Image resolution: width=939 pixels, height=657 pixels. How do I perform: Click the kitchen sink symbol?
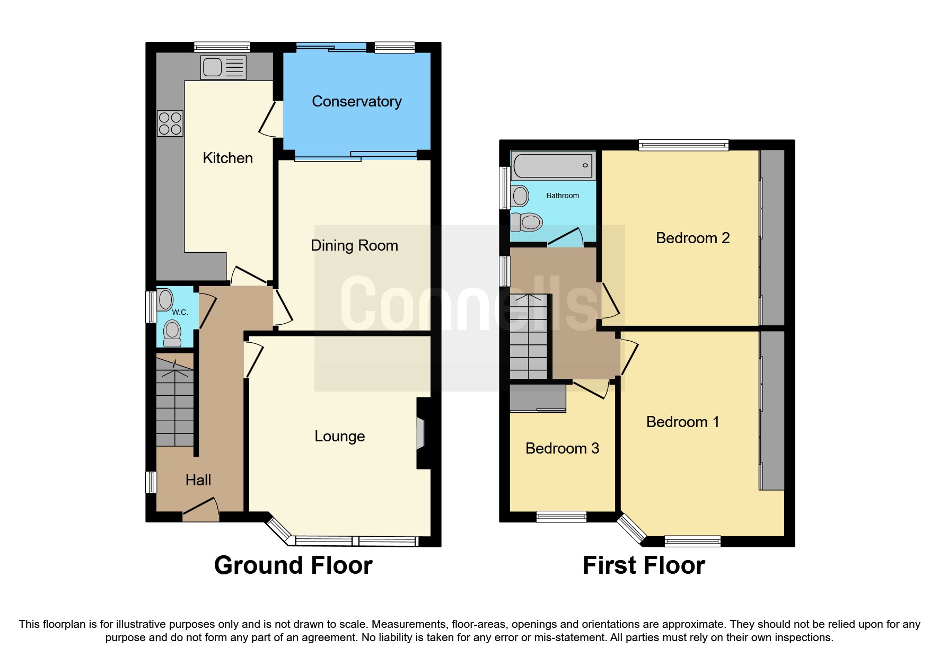tap(223, 68)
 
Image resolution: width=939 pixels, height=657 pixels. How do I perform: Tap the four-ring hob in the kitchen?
tap(170, 123)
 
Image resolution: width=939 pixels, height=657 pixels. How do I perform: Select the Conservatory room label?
tap(356, 101)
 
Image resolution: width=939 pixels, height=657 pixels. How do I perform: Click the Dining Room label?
tap(354, 245)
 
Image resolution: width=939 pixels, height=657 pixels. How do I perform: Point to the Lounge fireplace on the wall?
tap(421, 433)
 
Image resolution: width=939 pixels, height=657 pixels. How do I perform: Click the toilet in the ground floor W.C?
tap(172, 332)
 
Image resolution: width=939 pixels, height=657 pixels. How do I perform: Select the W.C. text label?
tap(180, 312)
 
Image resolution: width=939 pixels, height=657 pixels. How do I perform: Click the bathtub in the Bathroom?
tap(553, 166)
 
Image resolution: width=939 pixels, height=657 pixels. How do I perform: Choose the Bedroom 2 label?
tap(692, 238)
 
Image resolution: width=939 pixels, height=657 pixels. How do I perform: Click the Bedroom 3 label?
tap(562, 448)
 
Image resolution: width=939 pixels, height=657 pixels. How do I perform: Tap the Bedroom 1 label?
tap(682, 422)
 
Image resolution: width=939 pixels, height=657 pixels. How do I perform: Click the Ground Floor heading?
tap(293, 565)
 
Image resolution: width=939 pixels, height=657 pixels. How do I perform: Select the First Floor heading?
tap(644, 565)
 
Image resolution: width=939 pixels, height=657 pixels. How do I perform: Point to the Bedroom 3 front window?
tap(561, 516)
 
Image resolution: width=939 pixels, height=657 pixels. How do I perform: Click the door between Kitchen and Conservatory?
tap(269, 119)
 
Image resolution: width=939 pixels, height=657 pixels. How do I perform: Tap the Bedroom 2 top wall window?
tap(683, 145)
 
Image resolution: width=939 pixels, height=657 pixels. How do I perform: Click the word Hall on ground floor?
tap(198, 480)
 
